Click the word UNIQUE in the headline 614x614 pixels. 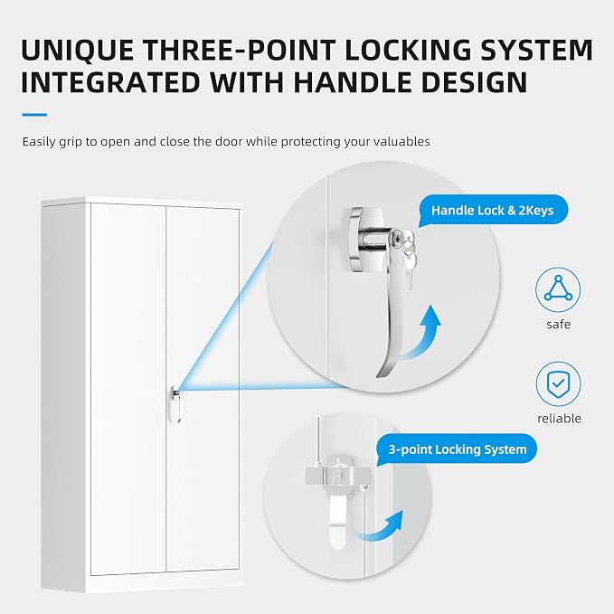click(x=77, y=50)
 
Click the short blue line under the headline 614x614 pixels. click(x=34, y=115)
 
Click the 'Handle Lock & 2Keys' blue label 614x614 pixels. click(x=493, y=211)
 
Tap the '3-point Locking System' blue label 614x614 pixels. click(x=458, y=449)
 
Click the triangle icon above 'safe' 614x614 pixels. click(x=558, y=289)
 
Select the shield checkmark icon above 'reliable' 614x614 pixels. click(x=559, y=383)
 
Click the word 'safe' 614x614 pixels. click(x=559, y=325)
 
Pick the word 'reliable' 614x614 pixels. click(x=559, y=418)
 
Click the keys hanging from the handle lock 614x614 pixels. click(x=409, y=260)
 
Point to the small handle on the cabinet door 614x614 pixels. click(x=176, y=404)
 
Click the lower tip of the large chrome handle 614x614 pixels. click(x=379, y=376)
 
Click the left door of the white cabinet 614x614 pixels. click(x=128, y=389)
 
